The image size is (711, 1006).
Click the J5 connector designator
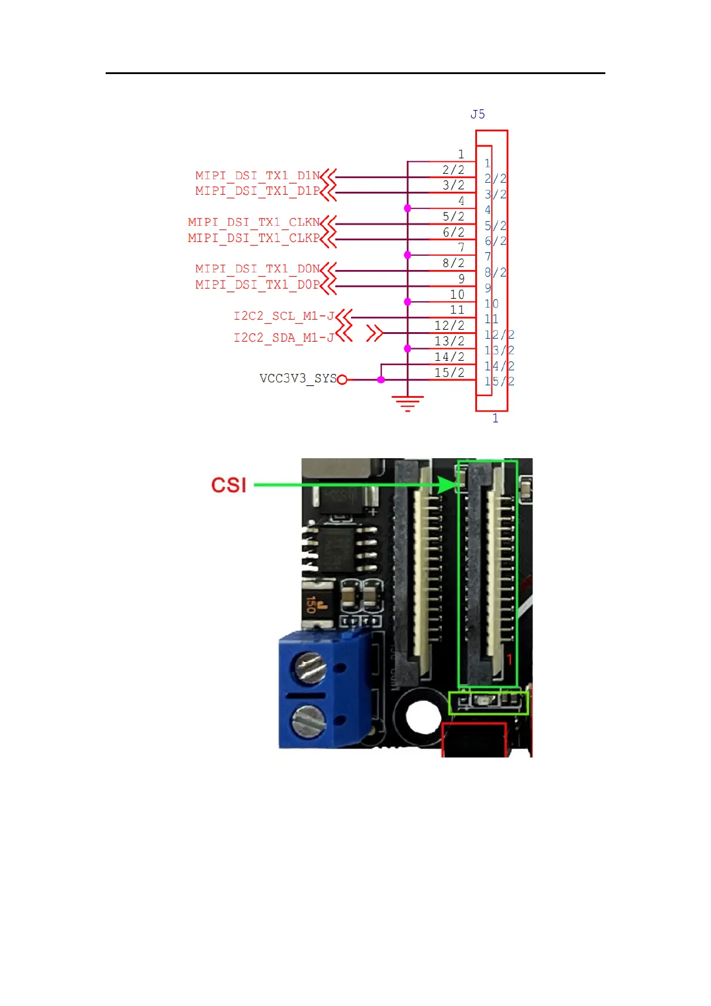coord(478,114)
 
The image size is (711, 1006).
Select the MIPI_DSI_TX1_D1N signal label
coord(257,176)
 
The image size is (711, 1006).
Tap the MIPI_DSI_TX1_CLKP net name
coord(254,238)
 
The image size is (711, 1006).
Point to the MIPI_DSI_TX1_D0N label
coord(257,269)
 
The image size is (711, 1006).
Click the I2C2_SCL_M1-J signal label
coord(284,316)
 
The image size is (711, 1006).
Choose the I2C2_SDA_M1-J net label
coord(284,338)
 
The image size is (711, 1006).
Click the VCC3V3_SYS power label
coord(298,379)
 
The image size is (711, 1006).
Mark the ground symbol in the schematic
coord(407,403)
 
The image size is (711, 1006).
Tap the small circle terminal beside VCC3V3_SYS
coord(342,379)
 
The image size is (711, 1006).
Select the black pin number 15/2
coord(450,373)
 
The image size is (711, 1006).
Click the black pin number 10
coord(457,295)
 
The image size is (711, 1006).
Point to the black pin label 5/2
coord(453,216)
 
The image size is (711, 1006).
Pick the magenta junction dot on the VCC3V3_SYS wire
coord(381,379)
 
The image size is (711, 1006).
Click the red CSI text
coord(229,485)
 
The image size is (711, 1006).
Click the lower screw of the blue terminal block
coord(308,721)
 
